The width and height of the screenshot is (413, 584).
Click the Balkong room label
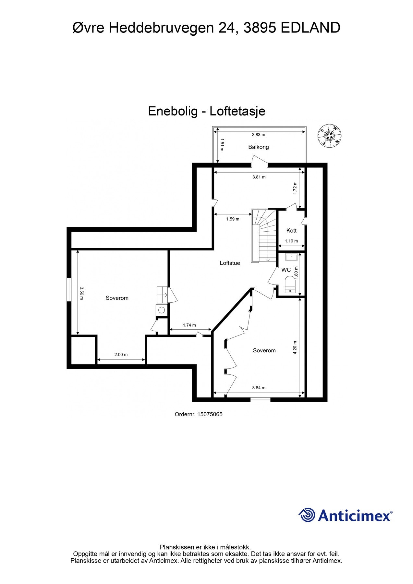pyautogui.click(x=259, y=147)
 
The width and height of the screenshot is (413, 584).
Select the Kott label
pyautogui.click(x=291, y=231)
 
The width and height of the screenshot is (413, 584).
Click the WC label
pyautogui.click(x=286, y=270)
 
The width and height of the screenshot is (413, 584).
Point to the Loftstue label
pyautogui.click(x=230, y=263)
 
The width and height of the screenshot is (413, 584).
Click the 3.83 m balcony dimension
pyautogui.click(x=259, y=135)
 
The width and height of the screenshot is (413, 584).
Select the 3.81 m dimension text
pyautogui.click(x=259, y=177)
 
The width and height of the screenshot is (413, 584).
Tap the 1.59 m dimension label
pyautogui.click(x=233, y=219)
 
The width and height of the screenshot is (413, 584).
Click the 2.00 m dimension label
pyautogui.click(x=121, y=355)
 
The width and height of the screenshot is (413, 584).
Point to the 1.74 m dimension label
pyautogui.click(x=189, y=325)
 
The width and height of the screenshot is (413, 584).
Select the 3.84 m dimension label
pyautogui.click(x=259, y=388)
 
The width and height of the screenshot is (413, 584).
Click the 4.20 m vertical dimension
pyautogui.click(x=295, y=347)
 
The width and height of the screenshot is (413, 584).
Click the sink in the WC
pyautogui.click(x=291, y=257)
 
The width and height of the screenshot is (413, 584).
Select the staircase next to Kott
pyautogui.click(x=264, y=235)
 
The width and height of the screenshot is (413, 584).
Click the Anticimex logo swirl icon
pyautogui.click(x=307, y=515)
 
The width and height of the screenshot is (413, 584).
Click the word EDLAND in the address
pyautogui.click(x=310, y=28)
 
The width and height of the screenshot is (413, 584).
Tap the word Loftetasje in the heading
pyautogui.click(x=237, y=111)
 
